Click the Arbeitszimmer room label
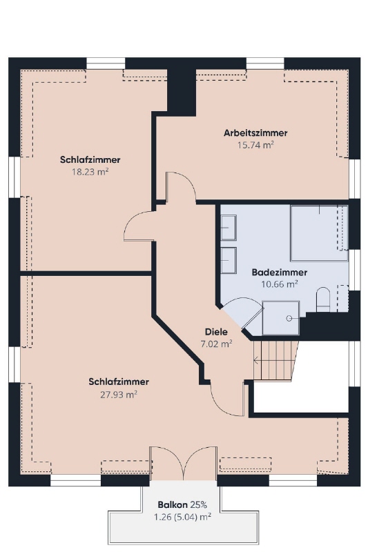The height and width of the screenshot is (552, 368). pos(255,133)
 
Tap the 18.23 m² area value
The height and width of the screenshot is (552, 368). pos(90,172)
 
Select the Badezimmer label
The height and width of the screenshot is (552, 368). pos(279,272)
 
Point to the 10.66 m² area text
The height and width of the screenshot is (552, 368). pos(279,284)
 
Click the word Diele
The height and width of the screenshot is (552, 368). pos(216,332)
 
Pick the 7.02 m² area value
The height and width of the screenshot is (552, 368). pos(216,344)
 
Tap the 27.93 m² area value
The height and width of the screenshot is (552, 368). pos(118,394)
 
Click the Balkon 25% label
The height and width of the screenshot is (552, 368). pos(182,505)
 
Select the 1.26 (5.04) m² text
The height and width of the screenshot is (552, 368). pos(182,517)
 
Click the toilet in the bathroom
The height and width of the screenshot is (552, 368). pos(323,299)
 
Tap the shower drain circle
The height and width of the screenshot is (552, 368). pos(289,318)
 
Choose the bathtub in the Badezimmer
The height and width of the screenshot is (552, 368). pos(319,233)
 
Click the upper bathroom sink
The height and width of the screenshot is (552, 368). pos(229,228)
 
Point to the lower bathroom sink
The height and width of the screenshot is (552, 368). pos(229,260)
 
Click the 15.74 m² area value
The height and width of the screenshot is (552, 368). pos(255,145)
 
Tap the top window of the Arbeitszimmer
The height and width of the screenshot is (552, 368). pos(265,63)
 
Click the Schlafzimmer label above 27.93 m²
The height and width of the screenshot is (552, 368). pos(118,382)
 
